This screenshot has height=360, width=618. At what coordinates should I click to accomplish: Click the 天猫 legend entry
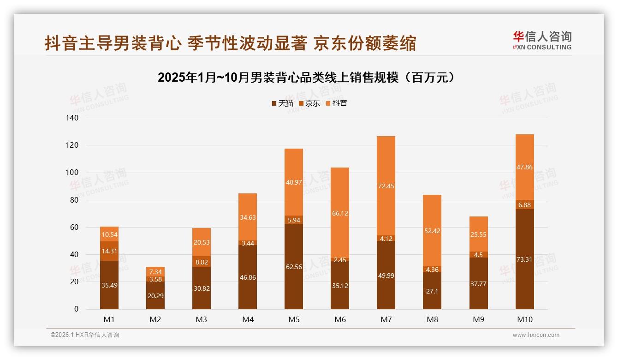coord(282,103)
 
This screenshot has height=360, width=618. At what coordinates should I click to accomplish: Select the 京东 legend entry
coord(309,103)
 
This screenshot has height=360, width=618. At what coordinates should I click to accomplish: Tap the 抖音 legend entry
coord(336,103)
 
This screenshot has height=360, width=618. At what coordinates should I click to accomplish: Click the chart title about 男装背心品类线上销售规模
coord(308,77)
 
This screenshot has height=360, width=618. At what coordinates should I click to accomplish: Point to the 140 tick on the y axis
coord(72,118)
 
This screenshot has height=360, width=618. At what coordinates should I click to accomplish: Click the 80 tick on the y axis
coord(74,200)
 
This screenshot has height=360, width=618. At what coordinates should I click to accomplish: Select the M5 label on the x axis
coord(294,319)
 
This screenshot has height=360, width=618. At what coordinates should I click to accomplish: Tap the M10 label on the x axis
coord(524,319)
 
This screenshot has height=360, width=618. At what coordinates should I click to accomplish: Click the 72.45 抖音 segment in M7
coord(386,186)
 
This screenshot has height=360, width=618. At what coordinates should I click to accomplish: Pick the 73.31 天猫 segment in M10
coord(524,259)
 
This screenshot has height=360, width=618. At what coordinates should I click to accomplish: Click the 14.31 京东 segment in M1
coord(109,251)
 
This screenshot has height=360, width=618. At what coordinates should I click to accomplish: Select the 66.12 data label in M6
coord(340,214)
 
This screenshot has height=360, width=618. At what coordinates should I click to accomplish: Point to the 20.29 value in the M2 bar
coord(155,295)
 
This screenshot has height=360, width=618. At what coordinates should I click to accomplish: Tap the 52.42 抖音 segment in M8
coord(432,231)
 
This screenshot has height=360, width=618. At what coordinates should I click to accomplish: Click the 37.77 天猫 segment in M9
coord(478,284)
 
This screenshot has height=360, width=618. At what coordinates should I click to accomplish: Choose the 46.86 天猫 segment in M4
coord(248,277)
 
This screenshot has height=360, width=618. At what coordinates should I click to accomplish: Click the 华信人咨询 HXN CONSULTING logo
coord(542,41)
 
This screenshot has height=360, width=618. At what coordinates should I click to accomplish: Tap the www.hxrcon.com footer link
coord(535,335)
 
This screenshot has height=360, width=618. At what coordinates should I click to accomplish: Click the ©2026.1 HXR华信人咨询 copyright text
coord(84,335)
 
